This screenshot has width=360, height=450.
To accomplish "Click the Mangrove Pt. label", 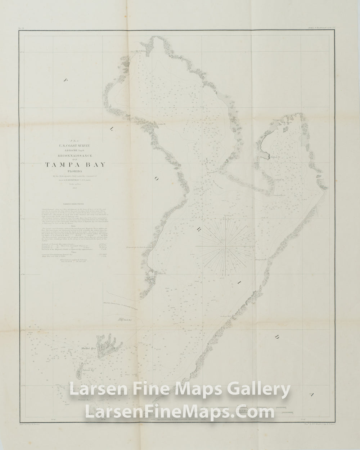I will click(x=260, y=259).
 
